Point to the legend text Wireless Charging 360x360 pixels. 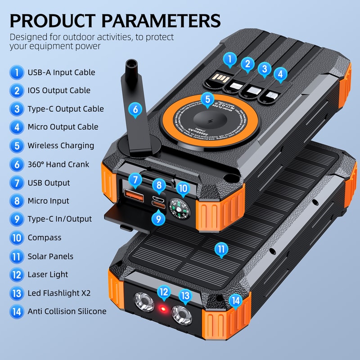click(61, 145)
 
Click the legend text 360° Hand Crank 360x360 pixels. click(58, 164)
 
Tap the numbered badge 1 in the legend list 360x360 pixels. click(17, 72)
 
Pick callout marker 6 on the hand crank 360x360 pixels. click(135, 108)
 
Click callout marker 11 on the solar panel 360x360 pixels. click(221, 249)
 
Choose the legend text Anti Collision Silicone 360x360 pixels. click(67, 311)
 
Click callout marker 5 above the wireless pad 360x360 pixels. click(207, 99)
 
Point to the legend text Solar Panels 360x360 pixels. click(50, 256)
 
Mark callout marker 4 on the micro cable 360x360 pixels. click(280, 73)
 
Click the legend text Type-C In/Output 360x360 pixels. click(60, 219)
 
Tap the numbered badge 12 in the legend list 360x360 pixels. click(17, 274)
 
